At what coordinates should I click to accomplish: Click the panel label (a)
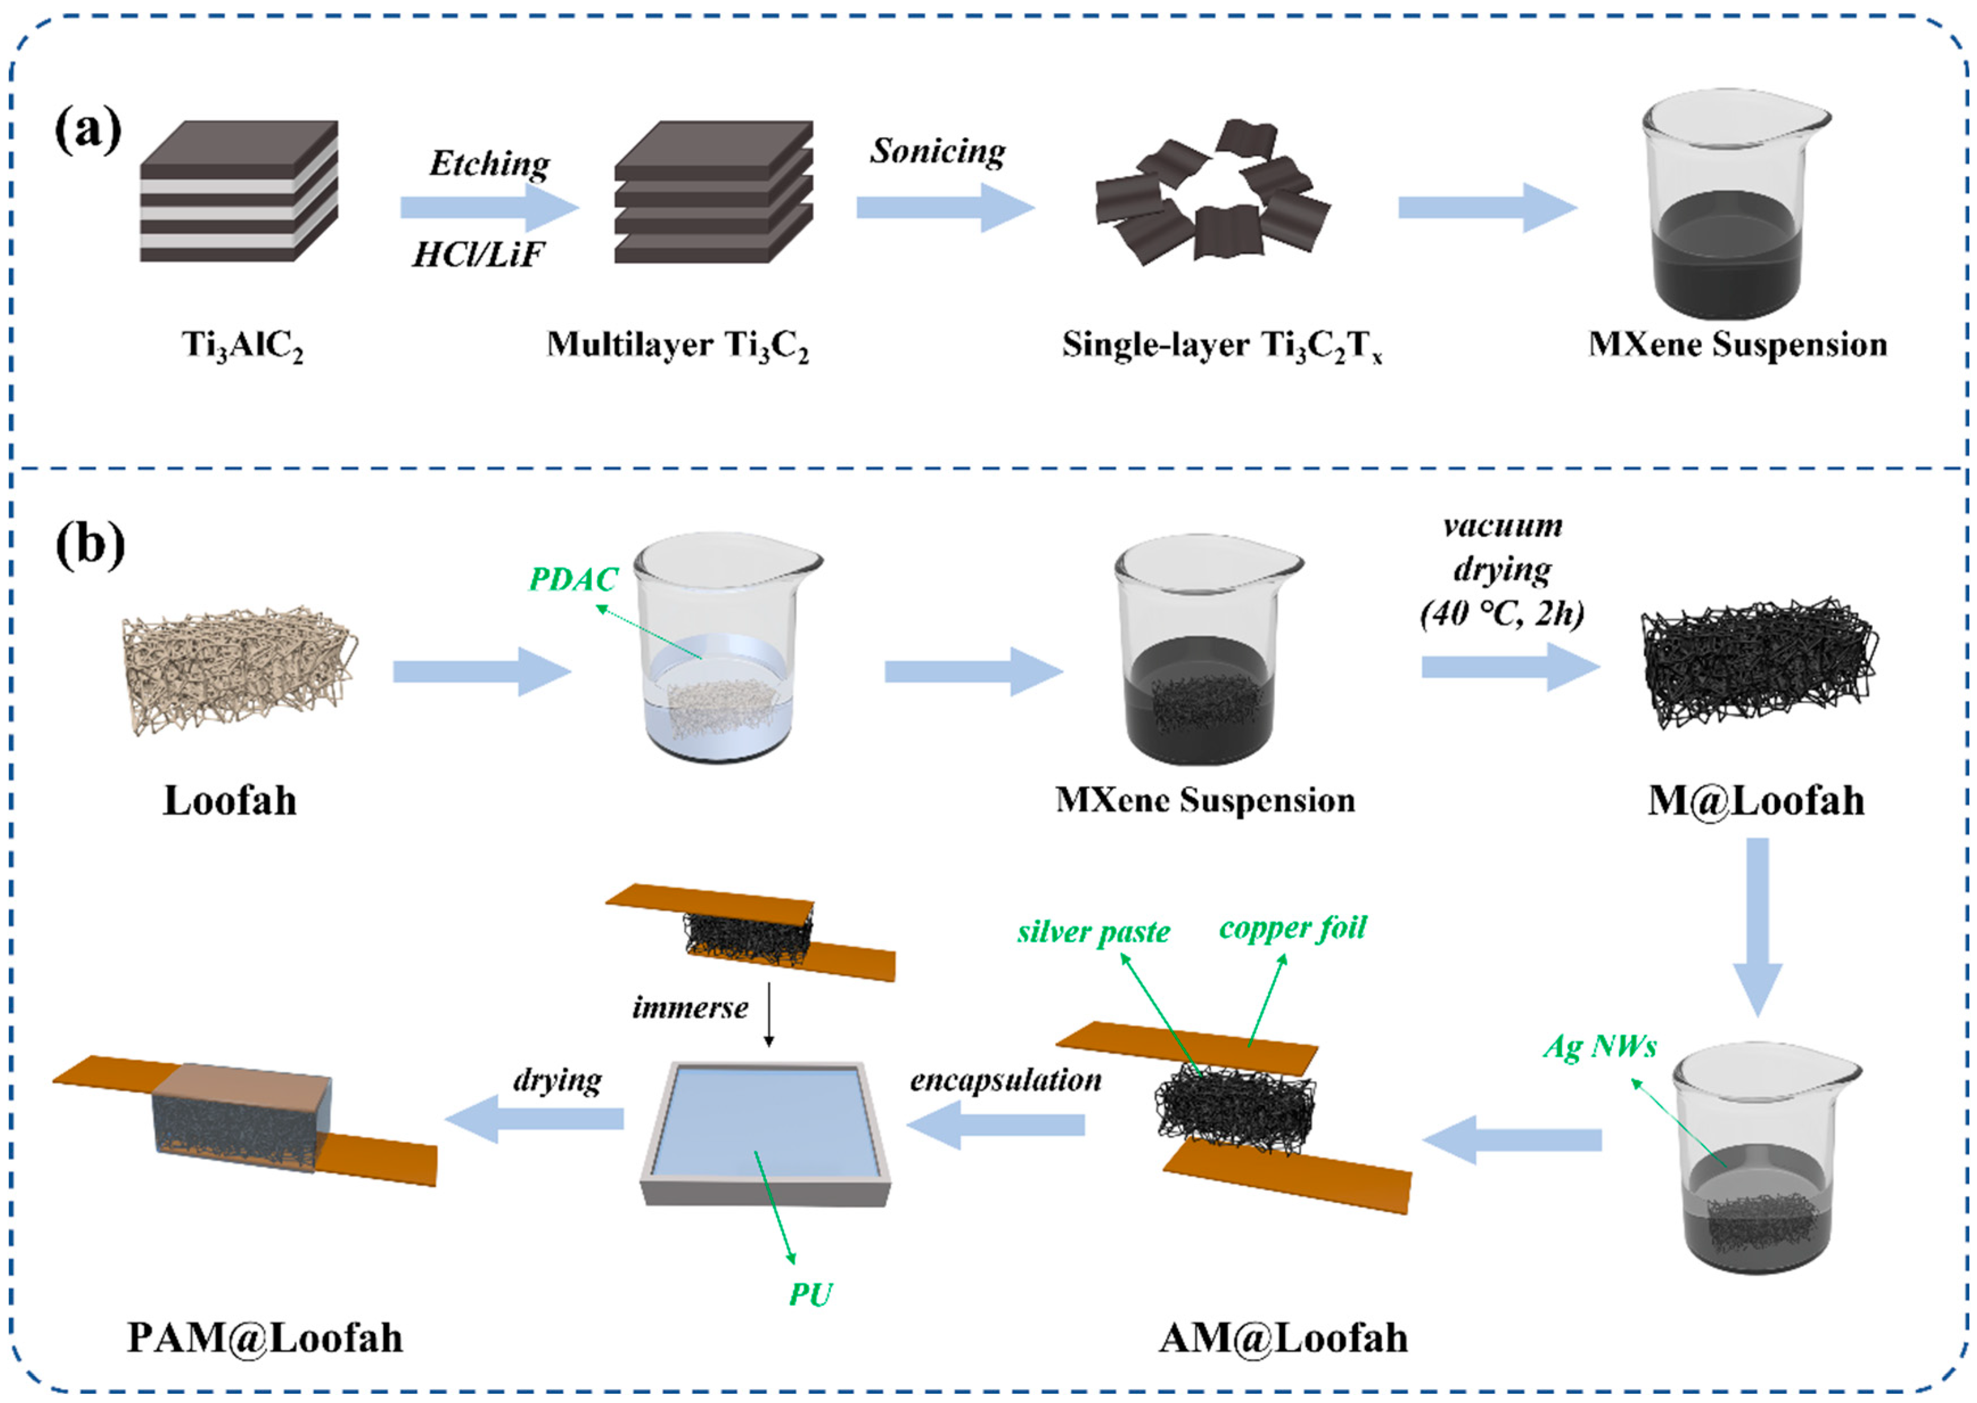pyautogui.click(x=88, y=131)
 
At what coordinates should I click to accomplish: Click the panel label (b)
pyautogui.click(x=90, y=546)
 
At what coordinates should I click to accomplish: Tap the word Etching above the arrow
pyautogui.click(x=489, y=163)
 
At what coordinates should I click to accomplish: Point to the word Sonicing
pyautogui.click(x=938, y=151)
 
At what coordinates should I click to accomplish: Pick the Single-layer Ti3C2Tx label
pyautogui.click(x=1222, y=345)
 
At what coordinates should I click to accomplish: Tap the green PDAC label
pyautogui.click(x=573, y=579)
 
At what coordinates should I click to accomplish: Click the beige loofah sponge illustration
pyautogui.click(x=239, y=672)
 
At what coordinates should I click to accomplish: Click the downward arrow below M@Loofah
pyautogui.click(x=1757, y=924)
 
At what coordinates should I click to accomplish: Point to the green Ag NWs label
pyautogui.click(x=1600, y=1046)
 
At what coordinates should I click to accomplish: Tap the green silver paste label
pyautogui.click(x=1093, y=932)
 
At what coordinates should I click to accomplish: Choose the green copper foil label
pyautogui.click(x=1293, y=928)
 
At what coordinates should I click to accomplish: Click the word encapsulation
pyautogui.click(x=1006, y=1080)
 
